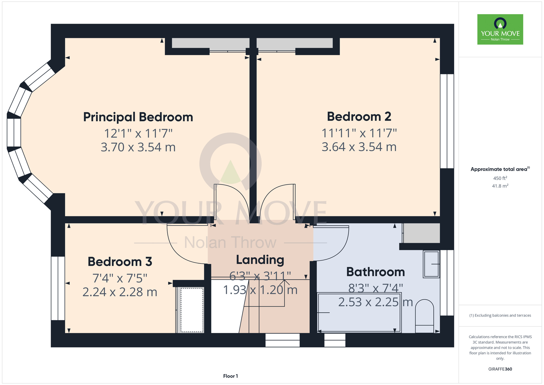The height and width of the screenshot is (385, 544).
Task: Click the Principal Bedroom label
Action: (138, 117)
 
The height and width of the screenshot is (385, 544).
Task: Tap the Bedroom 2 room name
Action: (359, 117)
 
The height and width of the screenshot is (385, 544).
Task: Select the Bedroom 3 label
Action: (120, 262)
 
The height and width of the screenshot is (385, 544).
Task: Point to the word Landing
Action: (260, 260)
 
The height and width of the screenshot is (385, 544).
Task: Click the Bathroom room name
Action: (376, 272)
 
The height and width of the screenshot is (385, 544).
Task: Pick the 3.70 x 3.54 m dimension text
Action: (138, 147)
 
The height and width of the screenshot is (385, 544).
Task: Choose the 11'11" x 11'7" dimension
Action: (359, 133)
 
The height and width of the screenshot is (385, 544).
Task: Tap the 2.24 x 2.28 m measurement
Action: (120, 292)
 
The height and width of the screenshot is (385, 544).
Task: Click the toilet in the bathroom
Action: (425, 316)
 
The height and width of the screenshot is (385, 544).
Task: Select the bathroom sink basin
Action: (431, 264)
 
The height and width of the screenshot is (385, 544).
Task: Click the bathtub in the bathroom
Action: (359, 313)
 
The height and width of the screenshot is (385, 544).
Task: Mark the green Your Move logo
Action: (500, 29)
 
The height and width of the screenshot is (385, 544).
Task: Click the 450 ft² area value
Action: (500, 178)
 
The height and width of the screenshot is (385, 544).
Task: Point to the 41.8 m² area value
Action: (500, 186)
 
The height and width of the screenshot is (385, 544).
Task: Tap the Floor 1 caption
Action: (230, 376)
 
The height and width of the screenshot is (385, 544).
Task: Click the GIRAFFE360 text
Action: (500, 369)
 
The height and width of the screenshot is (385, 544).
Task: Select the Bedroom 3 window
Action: (58, 288)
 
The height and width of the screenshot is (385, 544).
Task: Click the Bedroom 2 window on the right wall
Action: (447, 121)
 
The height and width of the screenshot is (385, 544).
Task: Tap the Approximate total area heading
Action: (500, 169)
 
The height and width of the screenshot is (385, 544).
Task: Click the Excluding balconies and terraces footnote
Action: (500, 316)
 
